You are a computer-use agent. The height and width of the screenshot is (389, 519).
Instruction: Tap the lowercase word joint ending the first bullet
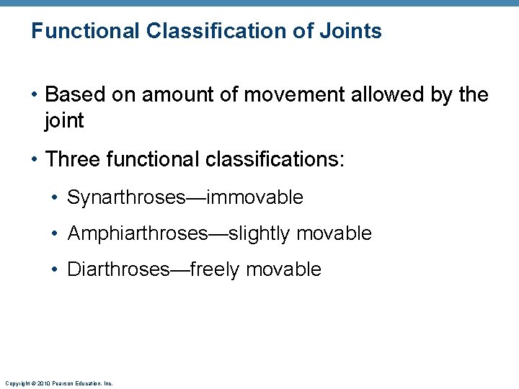[x=64, y=121]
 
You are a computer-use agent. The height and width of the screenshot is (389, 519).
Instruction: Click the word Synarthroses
[x=126, y=197]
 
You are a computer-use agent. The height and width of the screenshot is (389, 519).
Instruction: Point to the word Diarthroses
[x=117, y=269]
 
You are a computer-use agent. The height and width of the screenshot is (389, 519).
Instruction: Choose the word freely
[x=215, y=269]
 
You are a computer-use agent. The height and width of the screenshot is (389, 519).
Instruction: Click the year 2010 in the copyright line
[x=40, y=383]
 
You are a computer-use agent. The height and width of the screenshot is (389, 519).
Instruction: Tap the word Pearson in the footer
[x=60, y=383]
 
